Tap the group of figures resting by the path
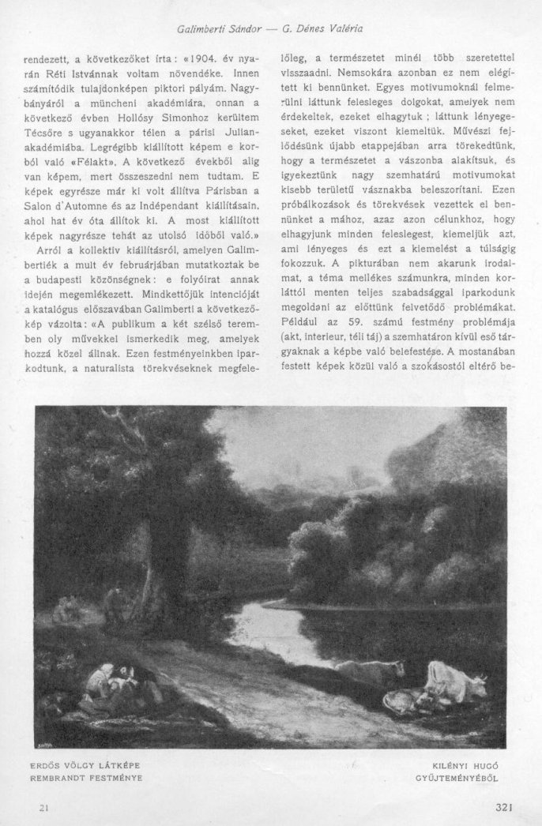click(x=117, y=682)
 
